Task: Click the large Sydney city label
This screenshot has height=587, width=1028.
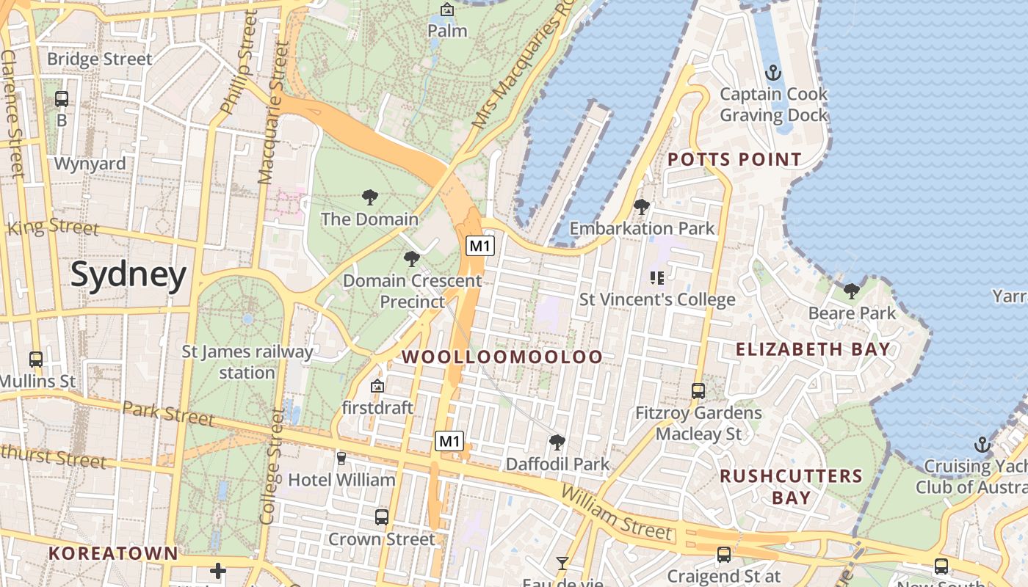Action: [x=128, y=275]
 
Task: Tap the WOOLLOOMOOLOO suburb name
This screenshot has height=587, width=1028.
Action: [x=503, y=357]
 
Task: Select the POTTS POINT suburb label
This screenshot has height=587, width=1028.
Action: [x=734, y=159]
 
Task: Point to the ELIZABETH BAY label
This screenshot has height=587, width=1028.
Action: [x=813, y=349]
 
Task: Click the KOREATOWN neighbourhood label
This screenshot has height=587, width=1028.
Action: [x=113, y=553]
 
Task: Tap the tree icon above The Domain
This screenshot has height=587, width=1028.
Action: [x=370, y=197]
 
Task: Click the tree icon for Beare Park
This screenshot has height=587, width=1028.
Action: [x=852, y=291]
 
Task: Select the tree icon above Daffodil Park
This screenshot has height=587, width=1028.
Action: [x=557, y=442]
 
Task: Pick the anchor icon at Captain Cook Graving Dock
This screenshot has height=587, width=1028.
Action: [x=772, y=73]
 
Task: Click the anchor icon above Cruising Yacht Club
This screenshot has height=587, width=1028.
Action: [x=982, y=445]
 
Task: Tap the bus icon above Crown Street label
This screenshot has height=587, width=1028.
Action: [x=381, y=517]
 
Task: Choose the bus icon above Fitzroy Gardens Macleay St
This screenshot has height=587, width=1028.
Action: [x=698, y=391]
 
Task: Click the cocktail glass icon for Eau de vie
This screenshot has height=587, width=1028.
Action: [x=562, y=564]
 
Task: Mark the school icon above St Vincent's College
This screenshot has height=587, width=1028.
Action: [x=657, y=277]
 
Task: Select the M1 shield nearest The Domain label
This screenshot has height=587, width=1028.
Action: [x=479, y=246]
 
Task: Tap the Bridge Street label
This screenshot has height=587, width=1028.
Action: [x=99, y=59]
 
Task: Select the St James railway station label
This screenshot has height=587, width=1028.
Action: [x=247, y=362]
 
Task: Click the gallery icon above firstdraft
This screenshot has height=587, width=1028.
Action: [x=377, y=386]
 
